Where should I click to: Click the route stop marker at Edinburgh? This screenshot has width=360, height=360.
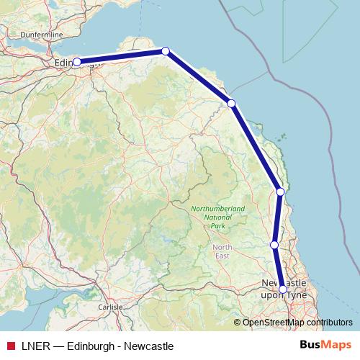click(x=76, y=62)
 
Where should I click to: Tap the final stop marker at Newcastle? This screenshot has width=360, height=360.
click(x=282, y=289)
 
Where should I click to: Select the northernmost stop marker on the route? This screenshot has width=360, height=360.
click(x=166, y=50)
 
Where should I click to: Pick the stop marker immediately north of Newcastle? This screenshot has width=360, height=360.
click(x=274, y=245)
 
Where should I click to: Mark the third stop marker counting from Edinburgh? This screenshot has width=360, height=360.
click(x=231, y=103)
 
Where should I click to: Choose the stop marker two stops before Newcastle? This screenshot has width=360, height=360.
click(x=280, y=192)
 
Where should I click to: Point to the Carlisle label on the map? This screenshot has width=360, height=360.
click(x=110, y=307)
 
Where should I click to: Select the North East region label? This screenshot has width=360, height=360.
click(x=222, y=251)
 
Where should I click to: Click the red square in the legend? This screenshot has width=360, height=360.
click(x=10, y=346)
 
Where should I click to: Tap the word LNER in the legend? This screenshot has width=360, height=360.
click(x=35, y=346)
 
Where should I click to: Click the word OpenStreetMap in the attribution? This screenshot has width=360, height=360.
click(x=270, y=323)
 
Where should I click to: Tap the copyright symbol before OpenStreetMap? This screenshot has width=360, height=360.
click(x=238, y=323)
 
